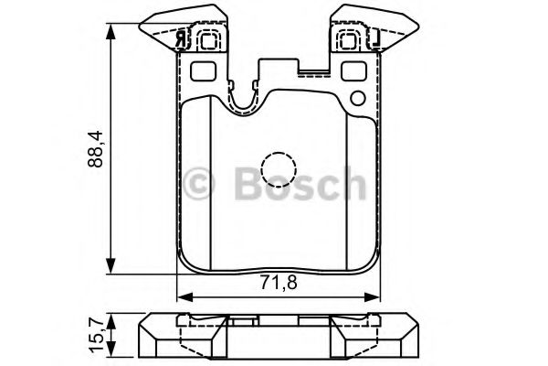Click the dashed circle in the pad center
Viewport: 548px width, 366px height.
point(278,169)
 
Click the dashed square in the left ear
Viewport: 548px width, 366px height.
point(207,38)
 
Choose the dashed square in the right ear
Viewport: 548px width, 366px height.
point(349,38)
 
